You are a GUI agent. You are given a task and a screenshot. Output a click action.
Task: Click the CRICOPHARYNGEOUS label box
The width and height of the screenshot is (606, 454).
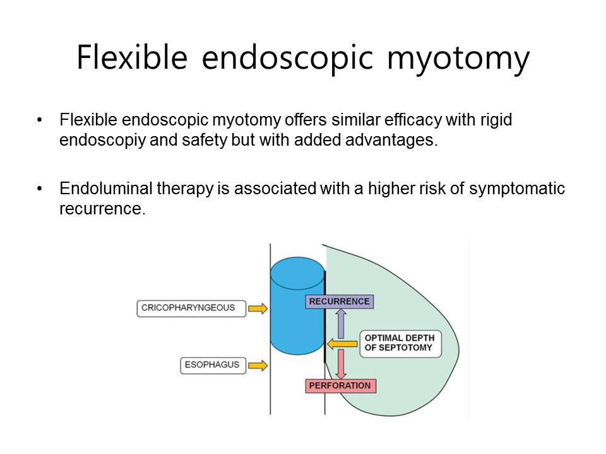tap(191, 308)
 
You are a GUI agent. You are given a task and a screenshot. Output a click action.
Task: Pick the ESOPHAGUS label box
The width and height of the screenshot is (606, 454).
tap(213, 365)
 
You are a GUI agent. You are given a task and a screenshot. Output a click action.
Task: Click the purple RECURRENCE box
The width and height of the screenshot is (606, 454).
tap(340, 301)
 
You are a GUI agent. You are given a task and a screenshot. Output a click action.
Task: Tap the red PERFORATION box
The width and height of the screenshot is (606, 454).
tap(340, 386)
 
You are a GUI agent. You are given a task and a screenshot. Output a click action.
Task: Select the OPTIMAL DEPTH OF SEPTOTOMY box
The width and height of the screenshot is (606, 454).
tap(400, 343)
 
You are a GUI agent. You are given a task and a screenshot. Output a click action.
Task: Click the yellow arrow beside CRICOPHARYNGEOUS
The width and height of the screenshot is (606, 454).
tap(258, 308)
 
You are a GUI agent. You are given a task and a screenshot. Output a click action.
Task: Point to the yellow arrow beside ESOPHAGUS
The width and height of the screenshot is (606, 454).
tap(258, 365)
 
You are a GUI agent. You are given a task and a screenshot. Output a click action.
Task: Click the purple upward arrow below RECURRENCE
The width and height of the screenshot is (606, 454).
tap(341, 323)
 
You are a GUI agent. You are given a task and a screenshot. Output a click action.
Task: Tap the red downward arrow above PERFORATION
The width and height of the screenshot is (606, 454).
tap(341, 364)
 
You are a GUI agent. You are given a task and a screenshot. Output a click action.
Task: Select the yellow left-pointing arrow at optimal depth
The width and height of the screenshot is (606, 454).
tap(342, 344)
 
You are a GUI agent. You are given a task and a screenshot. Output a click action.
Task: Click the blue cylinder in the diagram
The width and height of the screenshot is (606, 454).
tap(297, 306)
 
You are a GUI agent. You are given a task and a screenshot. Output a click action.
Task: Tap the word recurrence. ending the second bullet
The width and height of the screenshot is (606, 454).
tap(102, 209)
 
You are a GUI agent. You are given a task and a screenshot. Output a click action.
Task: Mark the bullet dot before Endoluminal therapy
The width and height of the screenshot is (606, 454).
tap(39, 189)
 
